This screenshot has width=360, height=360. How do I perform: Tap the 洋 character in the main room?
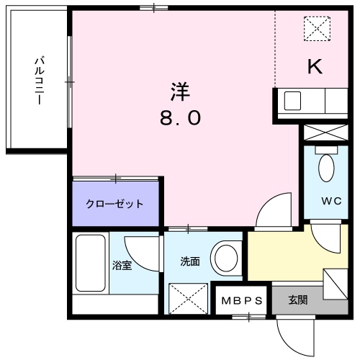pos(180,93)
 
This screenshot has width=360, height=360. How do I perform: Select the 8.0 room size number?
pos(180,118)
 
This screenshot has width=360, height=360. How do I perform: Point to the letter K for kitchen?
pos(315,66)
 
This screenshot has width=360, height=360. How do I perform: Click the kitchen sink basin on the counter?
pos(292,101)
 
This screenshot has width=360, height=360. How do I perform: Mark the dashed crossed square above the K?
pos(315,28)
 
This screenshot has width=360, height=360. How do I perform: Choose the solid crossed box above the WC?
pos(325,133)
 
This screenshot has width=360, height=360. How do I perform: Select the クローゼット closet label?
pos(115,204)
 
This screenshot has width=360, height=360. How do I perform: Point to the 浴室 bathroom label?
pos(122,266)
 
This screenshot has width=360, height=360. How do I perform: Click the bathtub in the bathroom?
pos(90,264)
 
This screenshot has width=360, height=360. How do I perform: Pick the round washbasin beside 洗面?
pos(228,257)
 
